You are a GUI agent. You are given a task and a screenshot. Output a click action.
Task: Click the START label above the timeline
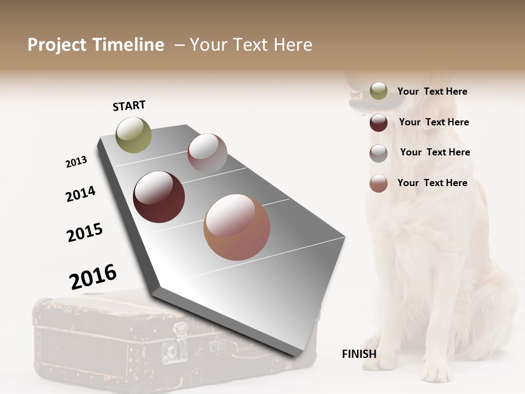(129, 106)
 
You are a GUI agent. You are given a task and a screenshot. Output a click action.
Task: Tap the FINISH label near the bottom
(359, 354)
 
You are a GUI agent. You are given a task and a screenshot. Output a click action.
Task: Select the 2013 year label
(76, 163)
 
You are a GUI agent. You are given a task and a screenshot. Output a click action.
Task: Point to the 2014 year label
(80, 194)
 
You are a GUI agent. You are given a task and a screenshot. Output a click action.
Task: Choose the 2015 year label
(85, 233)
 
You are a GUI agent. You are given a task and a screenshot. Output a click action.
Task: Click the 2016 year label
(93, 277)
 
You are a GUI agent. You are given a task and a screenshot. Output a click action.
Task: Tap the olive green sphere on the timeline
(133, 135)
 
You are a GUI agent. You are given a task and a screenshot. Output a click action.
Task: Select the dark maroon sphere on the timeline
(159, 197)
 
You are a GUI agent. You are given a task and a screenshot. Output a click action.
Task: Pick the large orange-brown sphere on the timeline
(236, 227)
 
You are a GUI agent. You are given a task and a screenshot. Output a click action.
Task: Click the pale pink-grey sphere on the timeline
(207, 153)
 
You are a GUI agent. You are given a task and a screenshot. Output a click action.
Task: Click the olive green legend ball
(378, 91)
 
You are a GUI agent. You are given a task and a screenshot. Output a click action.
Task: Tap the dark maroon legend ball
(378, 123)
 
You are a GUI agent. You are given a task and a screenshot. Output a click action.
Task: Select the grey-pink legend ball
(378, 153)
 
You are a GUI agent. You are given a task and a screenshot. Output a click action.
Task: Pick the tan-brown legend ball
(378, 183)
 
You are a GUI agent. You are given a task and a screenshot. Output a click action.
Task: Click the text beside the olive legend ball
(432, 91)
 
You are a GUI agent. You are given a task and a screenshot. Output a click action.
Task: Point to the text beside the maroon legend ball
(434, 122)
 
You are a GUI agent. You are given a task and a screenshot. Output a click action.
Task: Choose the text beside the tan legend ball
(432, 183)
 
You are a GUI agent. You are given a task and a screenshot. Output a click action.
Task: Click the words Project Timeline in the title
(96, 45)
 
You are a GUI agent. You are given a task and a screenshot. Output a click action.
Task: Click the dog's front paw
(436, 374)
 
